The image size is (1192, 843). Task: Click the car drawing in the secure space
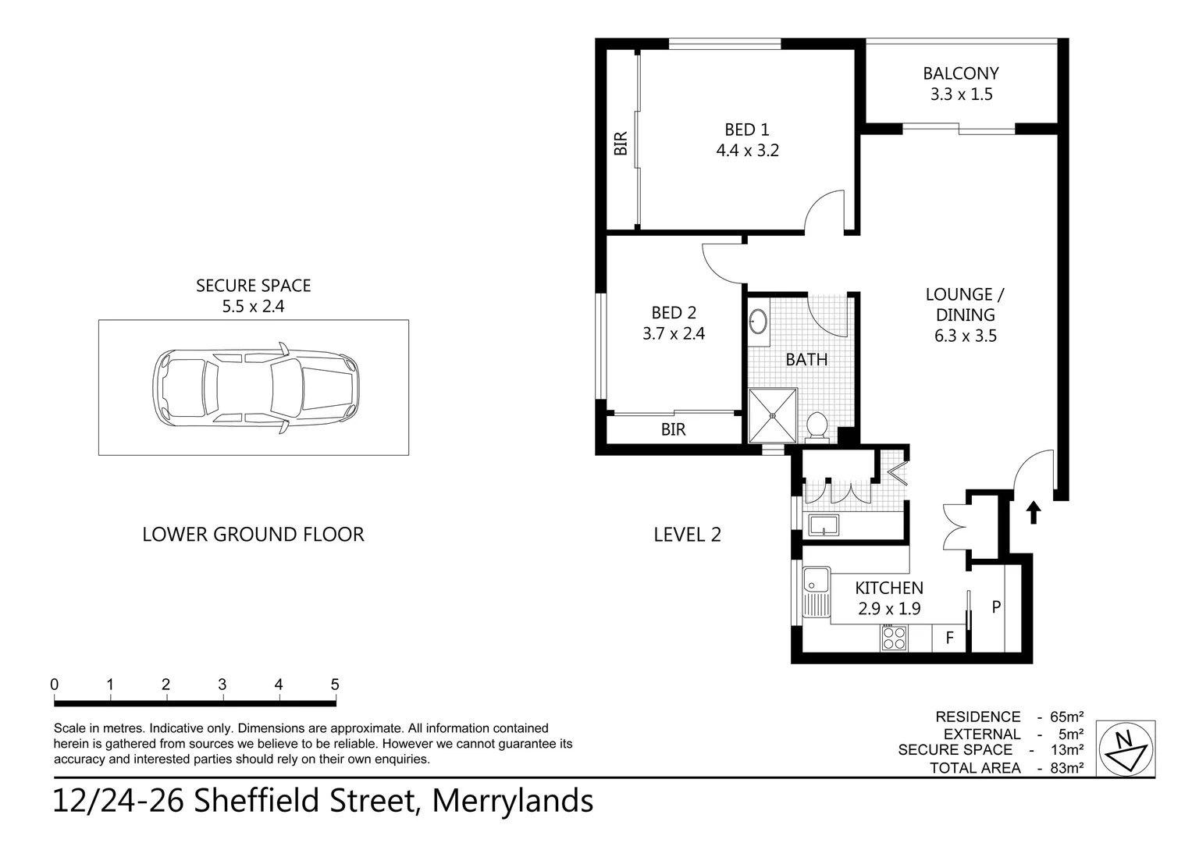[x=255, y=388]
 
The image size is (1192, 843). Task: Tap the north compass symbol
[x=1125, y=749]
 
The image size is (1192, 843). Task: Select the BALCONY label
[x=960, y=73]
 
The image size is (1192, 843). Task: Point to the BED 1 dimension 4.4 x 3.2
[x=747, y=151]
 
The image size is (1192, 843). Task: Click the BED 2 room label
[x=673, y=313]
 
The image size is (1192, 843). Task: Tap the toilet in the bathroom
[x=817, y=426]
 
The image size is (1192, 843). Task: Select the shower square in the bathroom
[x=772, y=415]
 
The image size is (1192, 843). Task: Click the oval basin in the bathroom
[x=758, y=322]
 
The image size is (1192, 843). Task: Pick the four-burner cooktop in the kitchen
[x=894, y=638]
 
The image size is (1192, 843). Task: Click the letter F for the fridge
[x=950, y=638]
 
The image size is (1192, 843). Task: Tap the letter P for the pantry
[x=996, y=606]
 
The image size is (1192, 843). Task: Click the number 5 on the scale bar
[x=335, y=685]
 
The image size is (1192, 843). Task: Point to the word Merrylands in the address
[x=512, y=802]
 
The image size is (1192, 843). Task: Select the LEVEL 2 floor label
[x=687, y=535]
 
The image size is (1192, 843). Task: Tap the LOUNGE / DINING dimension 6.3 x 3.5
[x=965, y=336]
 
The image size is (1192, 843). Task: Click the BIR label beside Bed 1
[x=621, y=143]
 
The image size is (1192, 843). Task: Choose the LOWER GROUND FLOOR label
[x=253, y=535]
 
